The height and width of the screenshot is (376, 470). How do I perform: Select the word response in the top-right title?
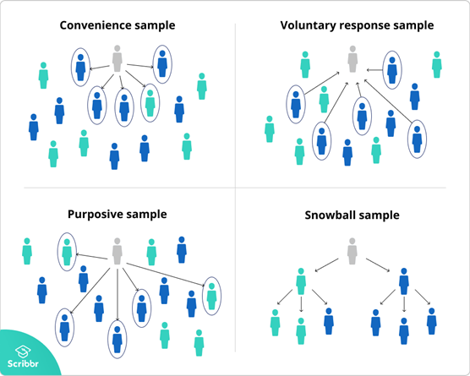click(x=368, y=25)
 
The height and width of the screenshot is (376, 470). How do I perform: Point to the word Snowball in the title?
click(x=331, y=215)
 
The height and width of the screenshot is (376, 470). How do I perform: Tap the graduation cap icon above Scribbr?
click(x=24, y=348)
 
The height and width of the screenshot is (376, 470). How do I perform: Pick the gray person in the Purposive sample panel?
click(x=117, y=249)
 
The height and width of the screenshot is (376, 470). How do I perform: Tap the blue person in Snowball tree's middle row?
click(x=404, y=281)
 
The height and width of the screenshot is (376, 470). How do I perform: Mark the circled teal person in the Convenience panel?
click(x=150, y=102)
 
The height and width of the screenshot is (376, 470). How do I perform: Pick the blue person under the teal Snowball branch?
click(x=328, y=321)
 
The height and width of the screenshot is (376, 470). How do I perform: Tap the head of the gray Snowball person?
click(x=352, y=241)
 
